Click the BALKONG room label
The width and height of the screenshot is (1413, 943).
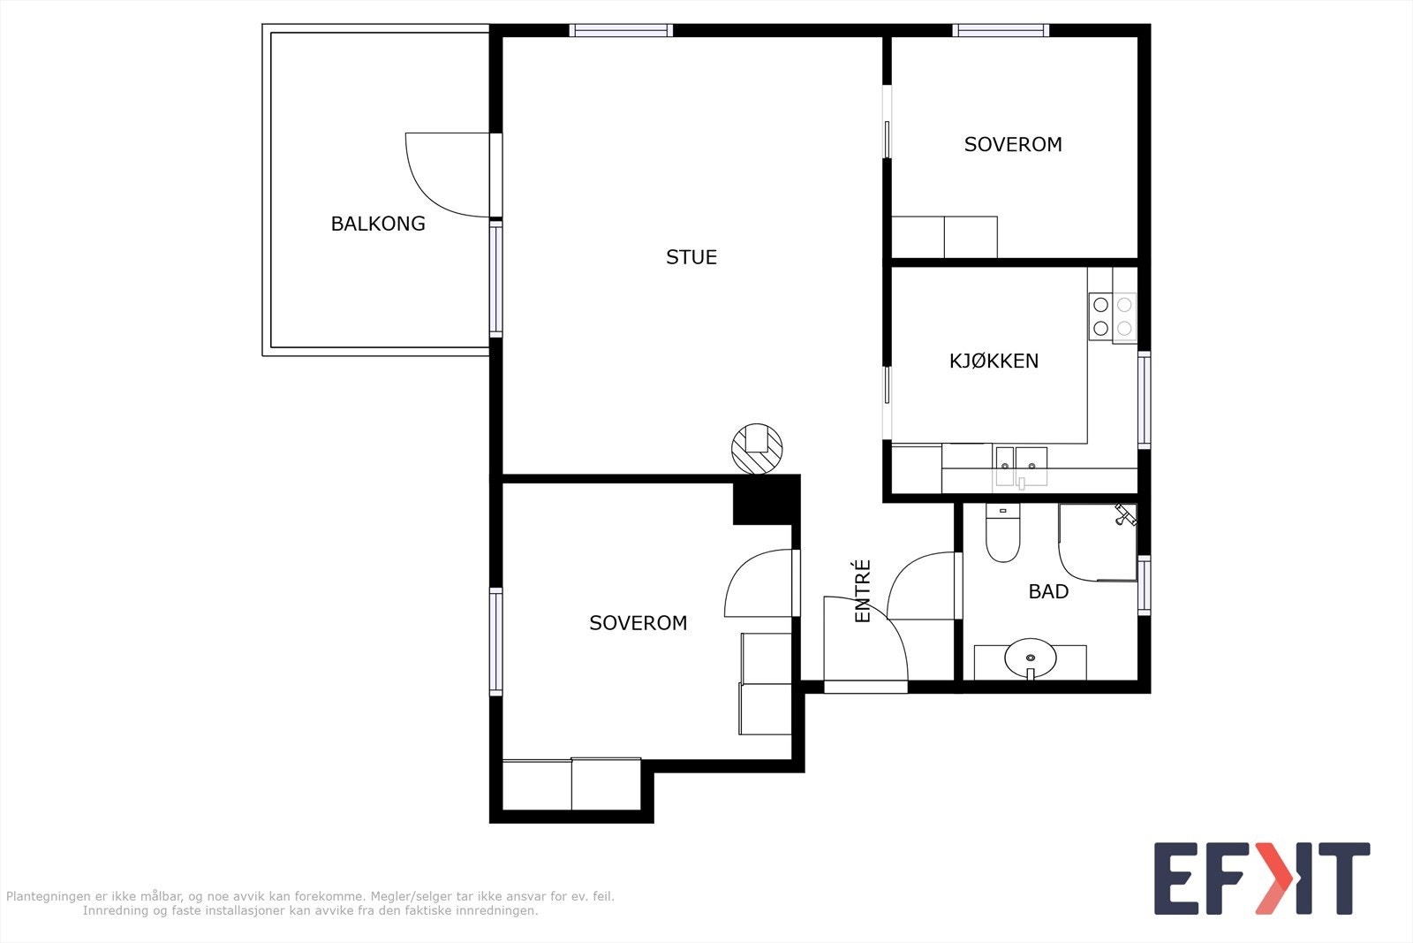coord(378,224)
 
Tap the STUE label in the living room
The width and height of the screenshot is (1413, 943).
coord(691,257)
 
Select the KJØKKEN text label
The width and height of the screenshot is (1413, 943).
coord(994,361)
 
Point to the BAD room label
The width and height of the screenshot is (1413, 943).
coord(1048,591)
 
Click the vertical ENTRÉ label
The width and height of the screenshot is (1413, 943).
coord(862,590)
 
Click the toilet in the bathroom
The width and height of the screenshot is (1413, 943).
coord(1003,533)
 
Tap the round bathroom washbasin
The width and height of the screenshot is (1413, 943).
coord(1030,658)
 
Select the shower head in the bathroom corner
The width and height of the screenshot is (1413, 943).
coord(1125,514)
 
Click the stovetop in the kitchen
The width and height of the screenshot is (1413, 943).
coord(1112,317)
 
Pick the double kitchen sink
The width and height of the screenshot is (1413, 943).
coord(1021,468)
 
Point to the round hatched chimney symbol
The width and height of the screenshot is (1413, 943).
coord(757,449)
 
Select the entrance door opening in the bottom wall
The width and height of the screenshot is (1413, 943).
coord(865,687)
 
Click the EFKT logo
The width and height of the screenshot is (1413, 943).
coord(1262,878)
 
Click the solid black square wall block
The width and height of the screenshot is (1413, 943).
coord(766,499)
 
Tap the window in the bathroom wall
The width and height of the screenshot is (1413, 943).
coord(1145,585)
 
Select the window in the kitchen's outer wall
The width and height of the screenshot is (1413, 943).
coord(1145,400)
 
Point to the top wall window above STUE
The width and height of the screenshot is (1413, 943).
coord(622,30)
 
